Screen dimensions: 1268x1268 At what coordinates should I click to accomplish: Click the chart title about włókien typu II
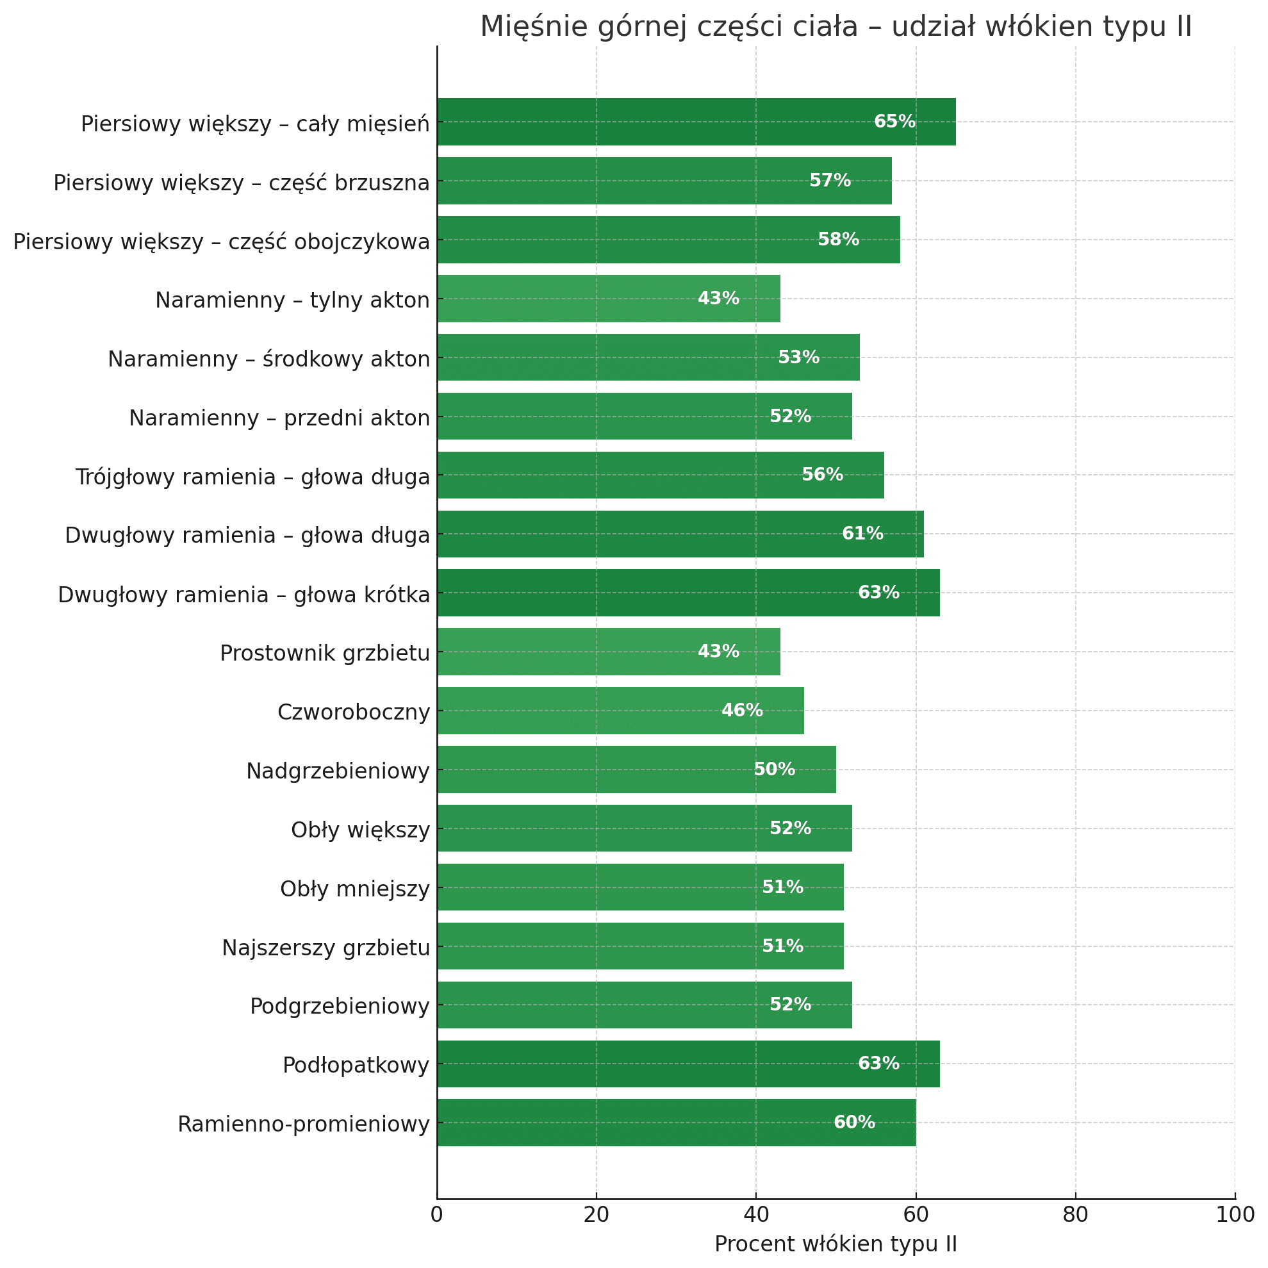(x=836, y=28)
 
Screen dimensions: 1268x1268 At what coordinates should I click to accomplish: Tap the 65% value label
(x=894, y=122)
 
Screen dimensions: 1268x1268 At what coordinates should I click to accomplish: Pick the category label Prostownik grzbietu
(x=325, y=653)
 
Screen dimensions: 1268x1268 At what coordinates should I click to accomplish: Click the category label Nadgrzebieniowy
(x=338, y=771)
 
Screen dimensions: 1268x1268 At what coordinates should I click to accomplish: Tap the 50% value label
(x=775, y=770)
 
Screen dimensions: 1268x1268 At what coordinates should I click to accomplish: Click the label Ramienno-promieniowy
(x=303, y=1124)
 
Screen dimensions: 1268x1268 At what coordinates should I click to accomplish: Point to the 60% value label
(x=854, y=1123)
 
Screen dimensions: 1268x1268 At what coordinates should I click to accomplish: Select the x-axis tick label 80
(x=1076, y=1214)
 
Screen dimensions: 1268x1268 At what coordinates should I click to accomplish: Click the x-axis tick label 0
(x=437, y=1214)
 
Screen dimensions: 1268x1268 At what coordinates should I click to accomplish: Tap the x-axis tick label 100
(x=1235, y=1214)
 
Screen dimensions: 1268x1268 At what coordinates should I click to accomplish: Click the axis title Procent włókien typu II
(x=836, y=1244)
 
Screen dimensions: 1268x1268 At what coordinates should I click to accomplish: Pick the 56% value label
(x=822, y=475)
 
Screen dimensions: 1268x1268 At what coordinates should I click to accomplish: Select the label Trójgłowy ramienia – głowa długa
(x=252, y=477)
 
